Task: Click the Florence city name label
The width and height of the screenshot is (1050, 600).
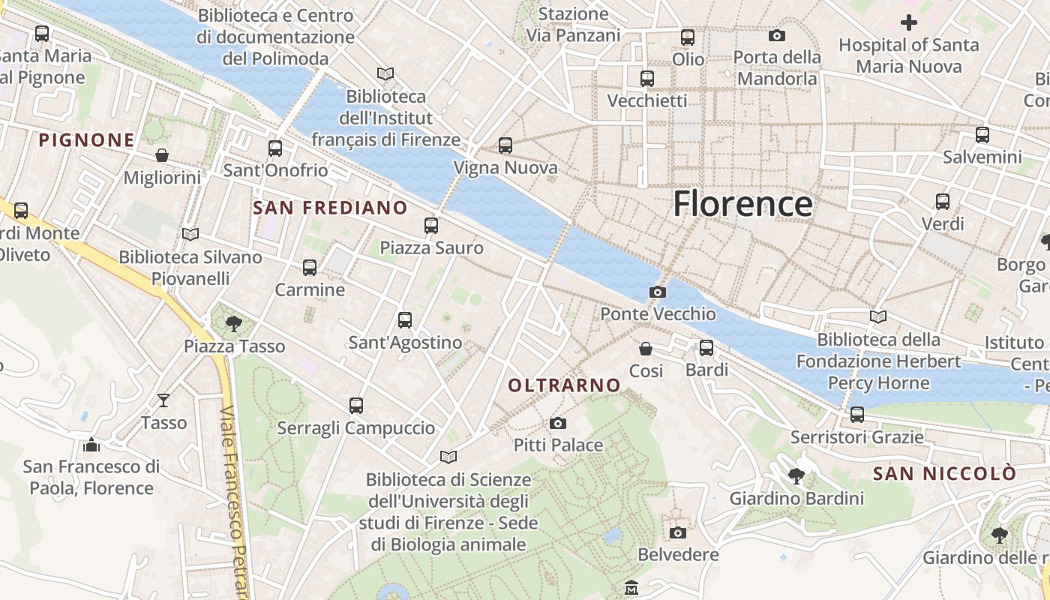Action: [742, 204]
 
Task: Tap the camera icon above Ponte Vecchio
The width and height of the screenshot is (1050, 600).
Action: [658, 292]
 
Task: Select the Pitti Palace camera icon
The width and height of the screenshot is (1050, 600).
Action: [557, 424]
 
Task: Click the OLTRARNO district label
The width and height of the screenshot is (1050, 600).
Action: [565, 385]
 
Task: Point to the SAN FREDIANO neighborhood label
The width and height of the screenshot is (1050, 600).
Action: [331, 208]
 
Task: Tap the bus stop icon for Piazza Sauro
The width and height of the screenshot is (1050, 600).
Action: [430, 225]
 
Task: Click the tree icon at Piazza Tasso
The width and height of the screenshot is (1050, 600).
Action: [234, 324]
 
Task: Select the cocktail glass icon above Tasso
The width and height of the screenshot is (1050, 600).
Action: [163, 400]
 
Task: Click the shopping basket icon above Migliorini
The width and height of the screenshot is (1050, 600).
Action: [162, 155]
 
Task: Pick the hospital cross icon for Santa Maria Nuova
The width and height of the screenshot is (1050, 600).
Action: [909, 22]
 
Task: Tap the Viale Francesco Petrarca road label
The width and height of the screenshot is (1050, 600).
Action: [237, 502]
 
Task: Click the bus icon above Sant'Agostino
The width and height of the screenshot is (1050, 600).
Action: [405, 320]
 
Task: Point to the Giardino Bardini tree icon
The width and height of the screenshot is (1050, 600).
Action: [796, 475]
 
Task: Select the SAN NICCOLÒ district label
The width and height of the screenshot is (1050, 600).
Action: [944, 474]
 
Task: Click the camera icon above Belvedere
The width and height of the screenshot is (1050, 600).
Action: [678, 532]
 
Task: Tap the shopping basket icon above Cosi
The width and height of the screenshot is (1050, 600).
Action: [646, 349]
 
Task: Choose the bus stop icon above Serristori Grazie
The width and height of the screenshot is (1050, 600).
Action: [857, 414]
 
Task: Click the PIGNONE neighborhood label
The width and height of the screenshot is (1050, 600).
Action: [87, 140]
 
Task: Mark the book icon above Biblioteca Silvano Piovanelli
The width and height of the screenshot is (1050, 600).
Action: [190, 235]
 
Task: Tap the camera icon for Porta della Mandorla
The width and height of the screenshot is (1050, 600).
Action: [777, 35]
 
